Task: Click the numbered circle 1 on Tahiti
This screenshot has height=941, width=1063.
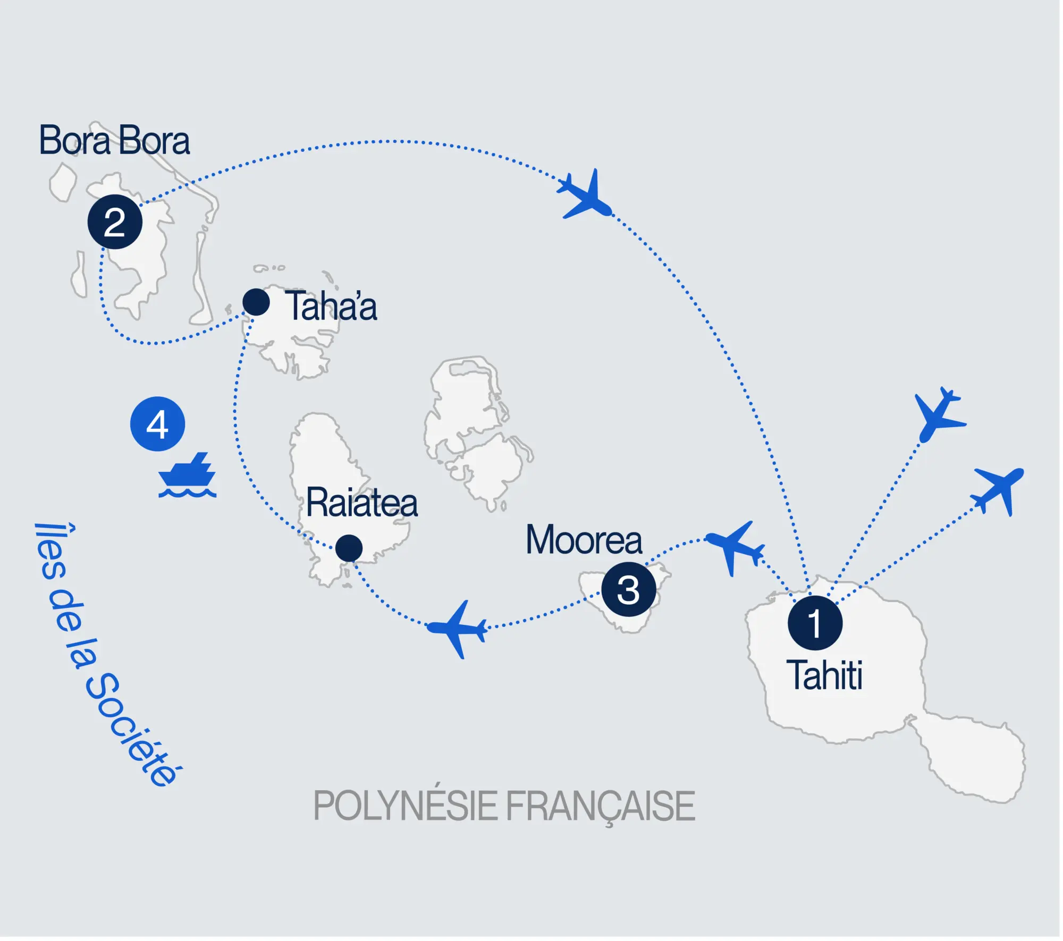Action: point(814,623)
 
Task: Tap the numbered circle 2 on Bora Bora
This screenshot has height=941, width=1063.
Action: point(115,222)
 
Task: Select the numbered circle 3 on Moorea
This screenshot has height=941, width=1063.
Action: point(628,589)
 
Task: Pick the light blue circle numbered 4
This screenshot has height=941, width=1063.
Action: point(157,424)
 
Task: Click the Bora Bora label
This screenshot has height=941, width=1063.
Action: point(114,141)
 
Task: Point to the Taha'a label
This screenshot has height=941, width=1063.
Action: point(332,307)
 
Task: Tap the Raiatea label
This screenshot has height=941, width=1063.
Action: point(362,503)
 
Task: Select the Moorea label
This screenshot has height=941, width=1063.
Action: point(584,540)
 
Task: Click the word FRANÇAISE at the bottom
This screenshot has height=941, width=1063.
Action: point(600,807)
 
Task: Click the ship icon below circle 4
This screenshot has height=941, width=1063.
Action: point(187,476)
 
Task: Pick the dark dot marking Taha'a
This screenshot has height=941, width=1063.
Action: point(256,302)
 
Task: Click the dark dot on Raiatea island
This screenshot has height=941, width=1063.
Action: point(349,548)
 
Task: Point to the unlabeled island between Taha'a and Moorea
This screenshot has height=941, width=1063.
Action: point(473,430)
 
